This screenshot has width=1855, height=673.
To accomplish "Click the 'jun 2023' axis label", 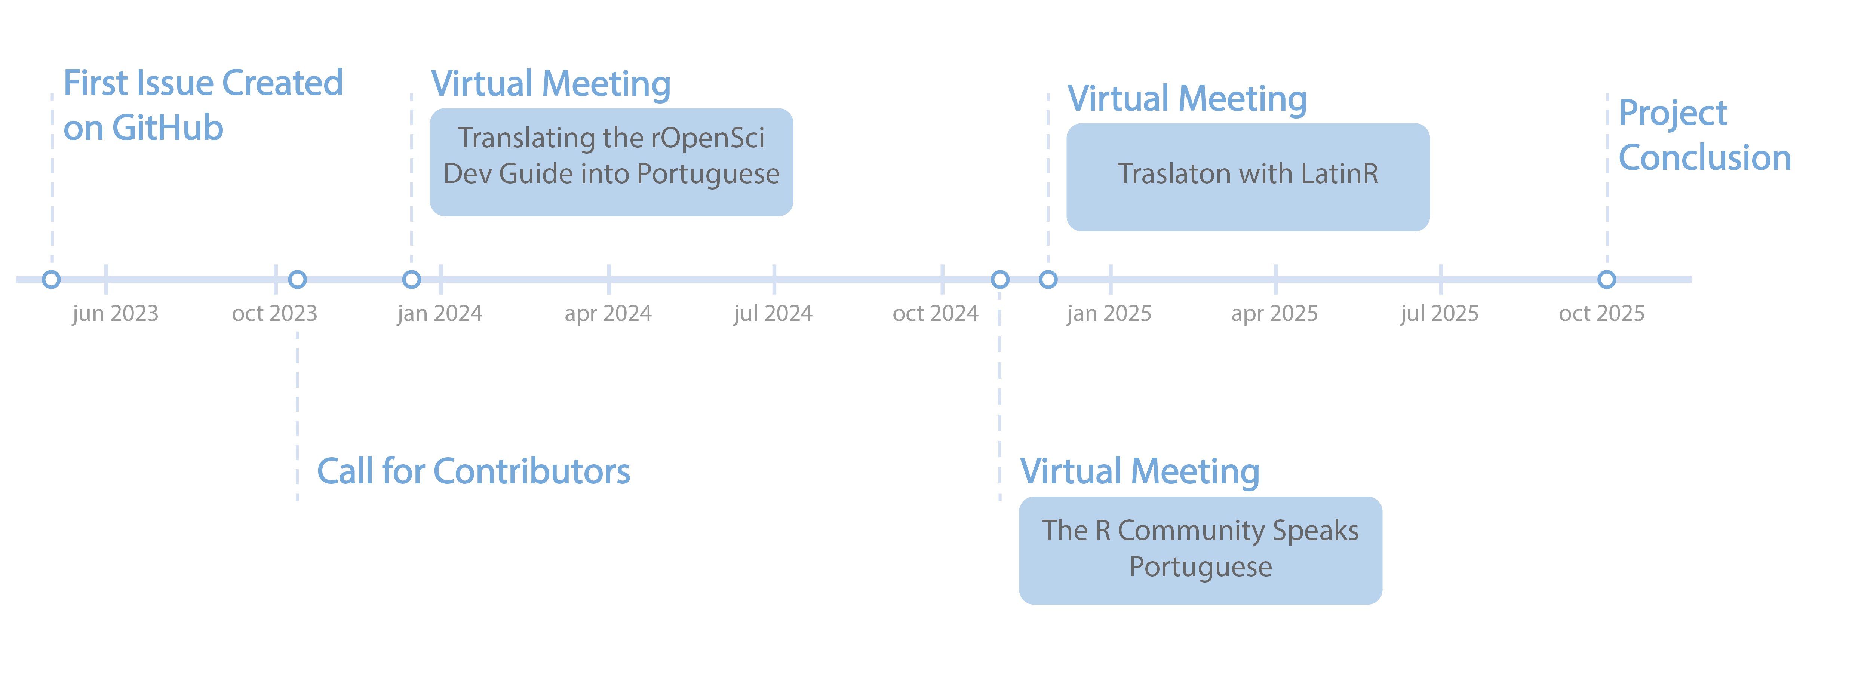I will pos(115,314).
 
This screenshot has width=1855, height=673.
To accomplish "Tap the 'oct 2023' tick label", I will pos(274,314).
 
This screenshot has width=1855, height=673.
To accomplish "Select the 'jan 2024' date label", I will pos(439,314).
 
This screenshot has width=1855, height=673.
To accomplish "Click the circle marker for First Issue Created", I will pos(51,279).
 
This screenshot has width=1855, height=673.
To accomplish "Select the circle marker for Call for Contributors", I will pos(297,279).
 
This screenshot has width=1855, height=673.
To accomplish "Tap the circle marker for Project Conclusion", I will pos(1607,279).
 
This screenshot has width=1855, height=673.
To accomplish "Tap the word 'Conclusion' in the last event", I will pos(1704,158).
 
